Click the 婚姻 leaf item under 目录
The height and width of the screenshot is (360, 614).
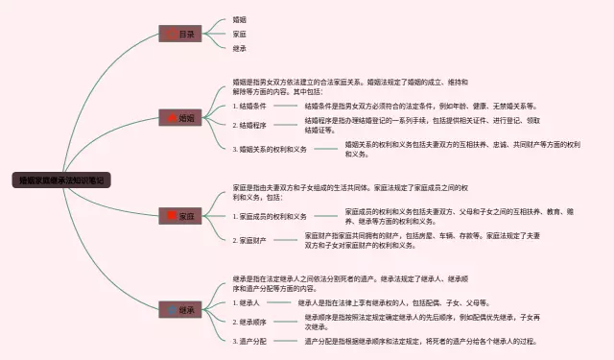click(240, 19)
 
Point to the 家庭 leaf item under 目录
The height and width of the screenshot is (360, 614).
click(240, 34)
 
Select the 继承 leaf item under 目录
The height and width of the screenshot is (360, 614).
click(240, 48)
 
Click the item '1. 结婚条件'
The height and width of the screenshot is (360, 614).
click(252, 106)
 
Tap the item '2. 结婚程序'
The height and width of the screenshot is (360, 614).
click(252, 125)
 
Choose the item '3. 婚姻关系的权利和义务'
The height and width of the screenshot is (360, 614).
click(272, 149)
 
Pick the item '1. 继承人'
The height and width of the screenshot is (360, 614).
click(248, 302)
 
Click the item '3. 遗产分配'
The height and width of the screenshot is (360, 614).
click(252, 341)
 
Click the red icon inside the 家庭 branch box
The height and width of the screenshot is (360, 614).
click(172, 216)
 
